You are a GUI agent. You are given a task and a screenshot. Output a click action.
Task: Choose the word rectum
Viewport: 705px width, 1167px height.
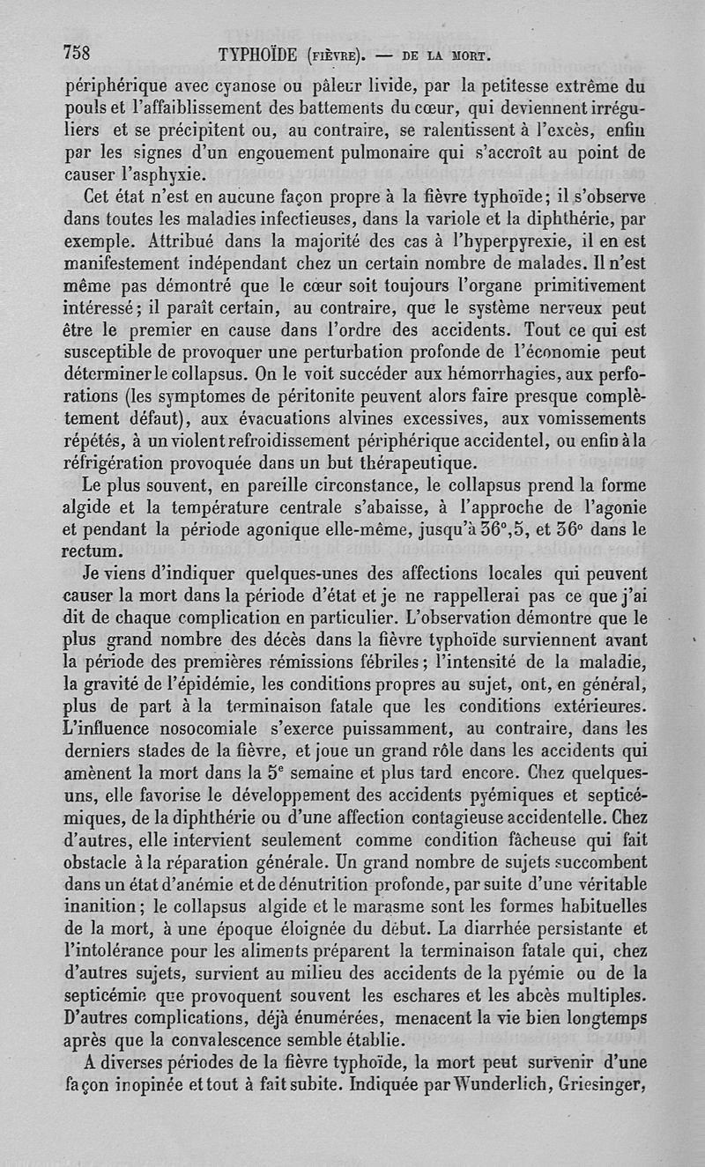click(95, 552)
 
